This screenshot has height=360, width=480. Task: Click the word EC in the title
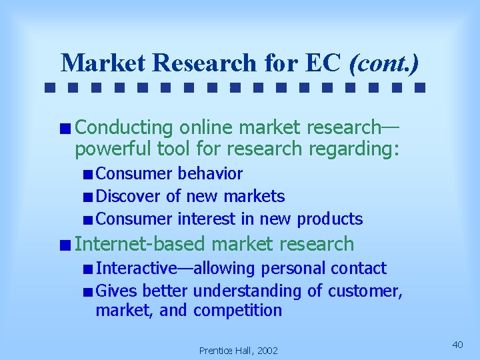[x=325, y=63]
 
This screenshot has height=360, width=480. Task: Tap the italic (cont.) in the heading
[x=385, y=63]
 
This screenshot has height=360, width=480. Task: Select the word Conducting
[x=125, y=127]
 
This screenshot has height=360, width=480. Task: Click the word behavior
[x=210, y=174]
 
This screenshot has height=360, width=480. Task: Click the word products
[x=330, y=219]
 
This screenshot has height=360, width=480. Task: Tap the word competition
[x=238, y=311]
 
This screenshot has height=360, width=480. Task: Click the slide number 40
[x=457, y=344]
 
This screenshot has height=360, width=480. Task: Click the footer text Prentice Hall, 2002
[x=239, y=350]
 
